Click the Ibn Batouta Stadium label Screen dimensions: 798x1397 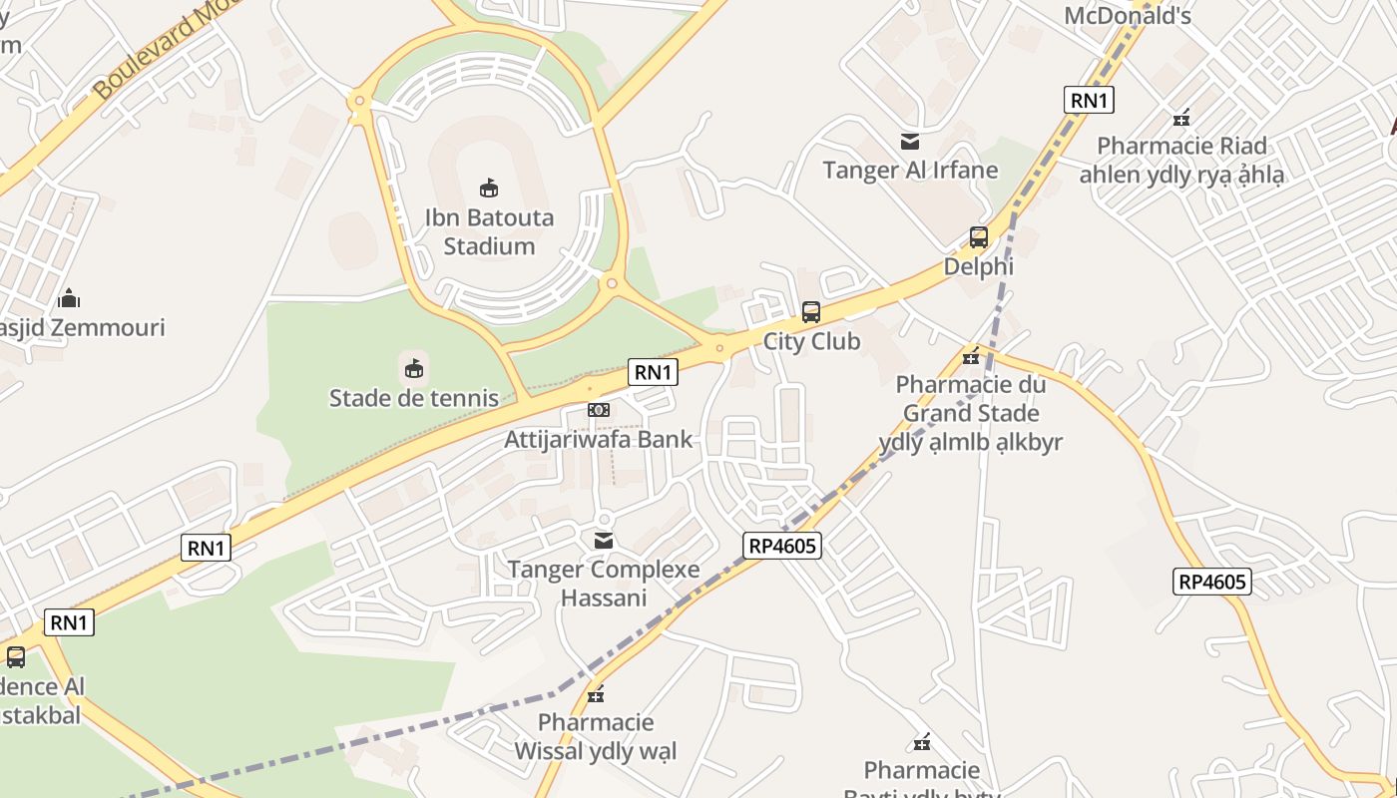pos(489,231)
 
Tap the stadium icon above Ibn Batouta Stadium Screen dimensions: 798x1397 pos(489,188)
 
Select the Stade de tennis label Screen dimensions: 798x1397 pos(414,398)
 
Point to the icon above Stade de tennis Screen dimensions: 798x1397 pos(414,369)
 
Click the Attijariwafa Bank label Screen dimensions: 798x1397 pos(598,439)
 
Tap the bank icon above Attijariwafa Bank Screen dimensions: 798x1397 pos(598,410)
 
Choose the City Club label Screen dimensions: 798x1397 pos(811,341)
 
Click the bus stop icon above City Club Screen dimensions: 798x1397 pos(811,312)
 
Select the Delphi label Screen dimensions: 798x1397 pos(979,266)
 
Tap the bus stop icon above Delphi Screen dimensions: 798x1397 pos(979,237)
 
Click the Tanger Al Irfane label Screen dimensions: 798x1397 pos(910,170)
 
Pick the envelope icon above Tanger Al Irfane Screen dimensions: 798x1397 pos(910,142)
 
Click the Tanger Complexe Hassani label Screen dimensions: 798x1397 pos(604,584)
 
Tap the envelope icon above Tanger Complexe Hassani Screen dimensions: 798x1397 pos(604,541)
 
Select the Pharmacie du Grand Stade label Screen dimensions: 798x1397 pos(971,413)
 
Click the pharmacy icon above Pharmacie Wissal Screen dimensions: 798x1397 pos(596,694)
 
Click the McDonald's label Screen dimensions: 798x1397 pos(1128,16)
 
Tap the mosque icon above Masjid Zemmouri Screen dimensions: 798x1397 pos(69,298)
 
